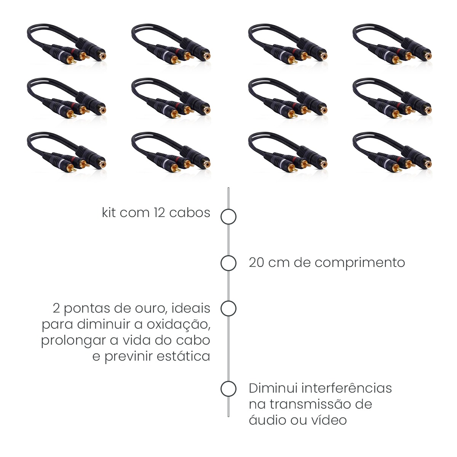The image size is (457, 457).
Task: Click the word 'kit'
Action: coord(109,213)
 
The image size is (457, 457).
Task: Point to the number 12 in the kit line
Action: coord(159,213)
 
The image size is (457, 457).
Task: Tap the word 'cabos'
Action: coord(190,213)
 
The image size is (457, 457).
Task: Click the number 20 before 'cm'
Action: coord(256,263)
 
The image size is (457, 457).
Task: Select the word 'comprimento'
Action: coord(360,263)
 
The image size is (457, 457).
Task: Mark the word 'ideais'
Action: coord(191,308)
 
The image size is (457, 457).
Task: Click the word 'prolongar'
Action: coord(73,341)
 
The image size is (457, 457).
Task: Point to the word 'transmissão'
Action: coord(310,404)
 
